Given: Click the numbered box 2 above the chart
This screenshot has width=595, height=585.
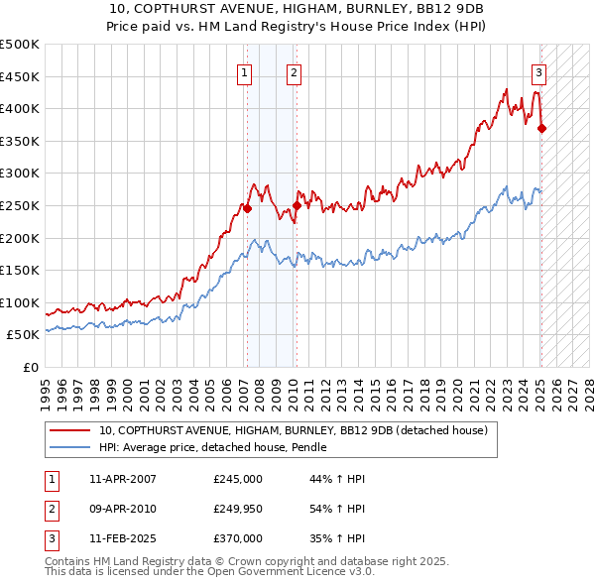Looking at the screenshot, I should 295,71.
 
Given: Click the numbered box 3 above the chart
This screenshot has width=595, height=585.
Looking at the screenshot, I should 538,71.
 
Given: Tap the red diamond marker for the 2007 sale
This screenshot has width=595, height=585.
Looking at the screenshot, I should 247,209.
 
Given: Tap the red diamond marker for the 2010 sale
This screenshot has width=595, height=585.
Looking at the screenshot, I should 297,205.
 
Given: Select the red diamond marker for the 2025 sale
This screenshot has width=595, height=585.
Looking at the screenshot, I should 541,128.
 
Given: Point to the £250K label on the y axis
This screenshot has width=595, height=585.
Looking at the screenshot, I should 20,205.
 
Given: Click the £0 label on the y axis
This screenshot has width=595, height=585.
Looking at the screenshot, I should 32,367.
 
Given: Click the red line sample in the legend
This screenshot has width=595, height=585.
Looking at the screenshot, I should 69,431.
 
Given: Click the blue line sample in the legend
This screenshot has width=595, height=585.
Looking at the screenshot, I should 69,448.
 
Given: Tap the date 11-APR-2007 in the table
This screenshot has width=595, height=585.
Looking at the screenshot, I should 122,479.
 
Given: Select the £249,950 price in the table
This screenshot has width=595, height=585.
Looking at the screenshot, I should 237,509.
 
